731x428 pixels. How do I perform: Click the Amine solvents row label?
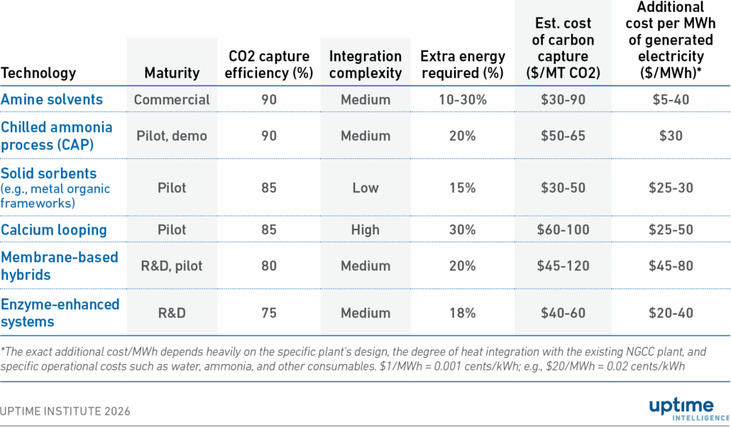pyautogui.click(x=52, y=99)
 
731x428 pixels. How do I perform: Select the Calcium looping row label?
pyautogui.click(x=54, y=230)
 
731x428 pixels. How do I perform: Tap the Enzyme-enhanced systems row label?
pyautogui.click(x=60, y=312)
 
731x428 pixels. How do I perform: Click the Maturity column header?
pyautogui.click(x=172, y=73)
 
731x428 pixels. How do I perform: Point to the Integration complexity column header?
pyautogui.click(x=365, y=64)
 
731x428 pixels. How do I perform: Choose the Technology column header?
pyautogui.click(x=38, y=73)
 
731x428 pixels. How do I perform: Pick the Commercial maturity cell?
pyautogui.click(x=172, y=100)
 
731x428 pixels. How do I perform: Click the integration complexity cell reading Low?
pyautogui.click(x=365, y=188)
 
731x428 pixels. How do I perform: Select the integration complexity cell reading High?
pyautogui.click(x=365, y=230)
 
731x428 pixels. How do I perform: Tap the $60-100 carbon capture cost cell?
pyautogui.click(x=563, y=230)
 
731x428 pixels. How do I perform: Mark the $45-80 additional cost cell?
pyautogui.click(x=671, y=266)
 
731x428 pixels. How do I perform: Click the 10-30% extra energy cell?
pyautogui.click(x=463, y=100)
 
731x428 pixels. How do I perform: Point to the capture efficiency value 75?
pyautogui.click(x=269, y=313)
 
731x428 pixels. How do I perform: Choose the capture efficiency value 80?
pyautogui.click(x=269, y=266)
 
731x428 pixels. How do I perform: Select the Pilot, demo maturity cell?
pyautogui.click(x=172, y=135)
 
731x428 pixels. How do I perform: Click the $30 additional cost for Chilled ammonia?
pyautogui.click(x=671, y=135)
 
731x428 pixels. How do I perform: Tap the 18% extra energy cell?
pyautogui.click(x=463, y=313)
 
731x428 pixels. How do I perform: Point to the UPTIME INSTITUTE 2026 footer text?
pyautogui.click(x=65, y=411)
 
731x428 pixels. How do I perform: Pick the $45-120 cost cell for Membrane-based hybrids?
pyautogui.click(x=563, y=266)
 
